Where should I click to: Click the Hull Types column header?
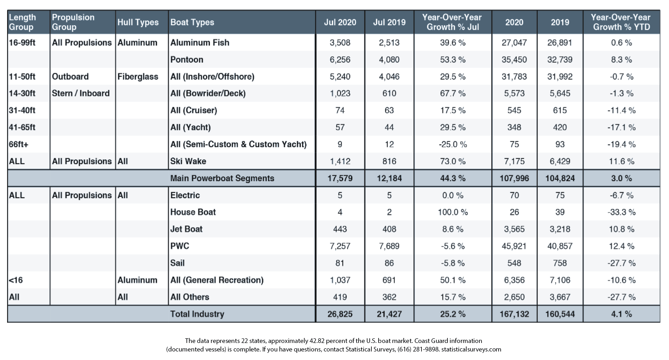tap(138, 22)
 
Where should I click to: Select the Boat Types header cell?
tap(192, 22)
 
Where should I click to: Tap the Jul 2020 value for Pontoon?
tap(340, 60)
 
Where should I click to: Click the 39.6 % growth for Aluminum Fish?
tap(453, 43)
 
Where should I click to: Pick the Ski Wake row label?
tap(188, 161)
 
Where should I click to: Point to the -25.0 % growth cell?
tap(453, 144)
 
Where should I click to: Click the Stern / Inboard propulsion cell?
tap(81, 93)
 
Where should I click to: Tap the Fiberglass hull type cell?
tap(138, 77)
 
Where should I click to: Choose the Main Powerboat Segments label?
tap(222, 178)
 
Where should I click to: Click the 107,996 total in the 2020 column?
tap(514, 178)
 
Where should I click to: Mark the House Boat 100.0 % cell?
tap(453, 212)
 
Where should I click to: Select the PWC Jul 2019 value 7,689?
tap(389, 246)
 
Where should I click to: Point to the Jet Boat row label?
tap(186, 229)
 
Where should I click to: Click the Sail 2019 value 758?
tap(560, 263)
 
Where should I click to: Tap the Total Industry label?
tap(197, 314)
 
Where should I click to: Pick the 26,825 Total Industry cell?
tap(340, 314)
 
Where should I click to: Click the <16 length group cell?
tap(16, 280)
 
